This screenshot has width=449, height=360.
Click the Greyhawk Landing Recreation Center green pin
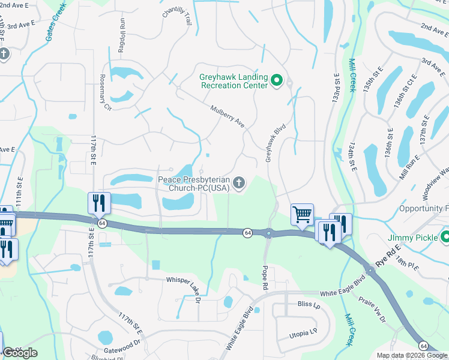point(277,80)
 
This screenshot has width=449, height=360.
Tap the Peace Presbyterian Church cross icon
point(240,184)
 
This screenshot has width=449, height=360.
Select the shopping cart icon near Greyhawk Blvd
point(302,214)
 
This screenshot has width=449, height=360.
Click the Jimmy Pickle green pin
point(444,238)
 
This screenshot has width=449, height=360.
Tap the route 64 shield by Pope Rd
point(247,232)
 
